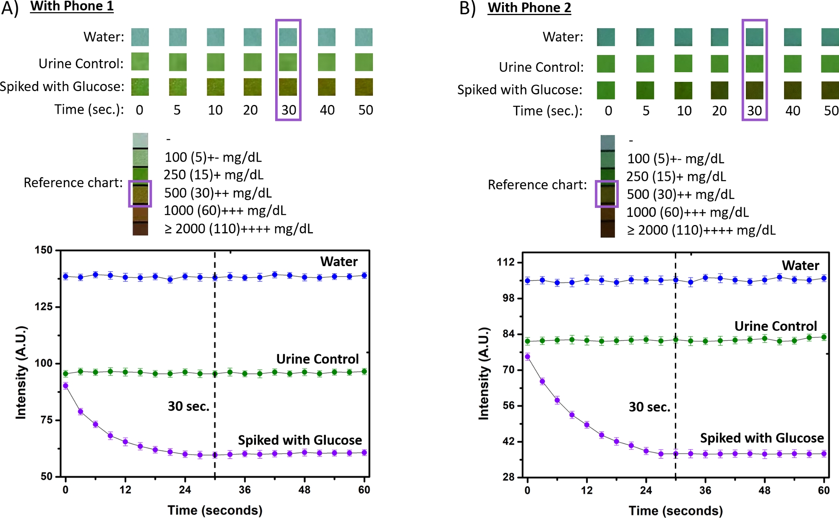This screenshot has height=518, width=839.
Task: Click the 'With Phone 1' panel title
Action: tap(72, 6)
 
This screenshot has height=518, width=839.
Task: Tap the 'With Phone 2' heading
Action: tap(529, 8)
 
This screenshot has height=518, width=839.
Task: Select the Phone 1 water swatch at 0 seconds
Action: tap(140, 37)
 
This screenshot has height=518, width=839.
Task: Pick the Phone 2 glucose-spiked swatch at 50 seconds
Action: tap(830, 90)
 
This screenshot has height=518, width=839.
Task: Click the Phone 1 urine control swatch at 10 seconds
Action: tap(215, 62)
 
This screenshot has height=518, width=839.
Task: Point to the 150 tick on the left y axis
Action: tap(44, 250)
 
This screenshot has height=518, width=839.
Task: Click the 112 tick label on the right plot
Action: tap(505, 262)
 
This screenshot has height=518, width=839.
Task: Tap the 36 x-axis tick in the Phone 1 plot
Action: tap(245, 489)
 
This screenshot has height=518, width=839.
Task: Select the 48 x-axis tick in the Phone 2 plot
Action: tap(764, 490)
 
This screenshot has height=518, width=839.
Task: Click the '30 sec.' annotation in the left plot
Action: tap(188, 406)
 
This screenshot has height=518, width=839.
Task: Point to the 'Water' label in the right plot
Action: tap(800, 265)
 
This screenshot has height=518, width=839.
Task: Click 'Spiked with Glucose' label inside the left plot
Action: tap(300, 440)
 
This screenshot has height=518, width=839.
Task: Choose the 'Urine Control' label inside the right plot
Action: tap(775, 326)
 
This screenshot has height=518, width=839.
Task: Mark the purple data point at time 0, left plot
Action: tap(65, 386)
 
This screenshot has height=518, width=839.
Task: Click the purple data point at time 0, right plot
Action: tap(527, 357)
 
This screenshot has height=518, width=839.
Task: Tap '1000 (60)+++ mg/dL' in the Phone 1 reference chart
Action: tap(225, 211)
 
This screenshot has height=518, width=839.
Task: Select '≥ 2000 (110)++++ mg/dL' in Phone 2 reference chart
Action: tap(701, 230)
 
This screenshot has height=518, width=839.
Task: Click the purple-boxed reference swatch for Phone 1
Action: tap(140, 194)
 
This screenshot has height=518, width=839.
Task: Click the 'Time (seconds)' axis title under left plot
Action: tap(215, 510)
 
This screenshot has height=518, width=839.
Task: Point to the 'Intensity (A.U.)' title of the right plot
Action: tap(484, 374)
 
